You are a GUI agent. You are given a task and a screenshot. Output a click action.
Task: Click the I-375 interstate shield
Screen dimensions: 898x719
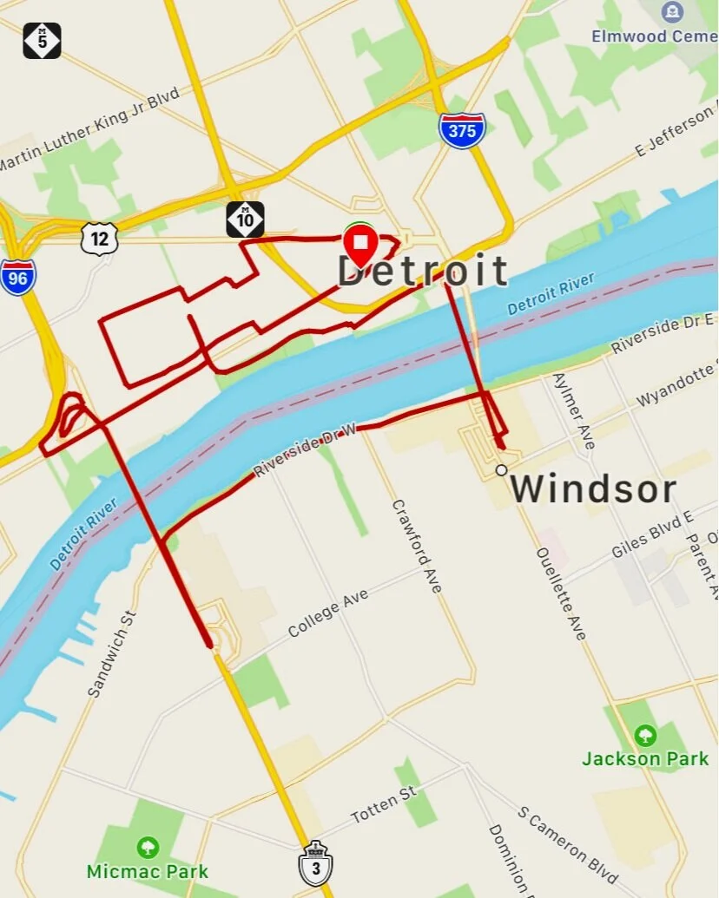pyautogui.click(x=461, y=130)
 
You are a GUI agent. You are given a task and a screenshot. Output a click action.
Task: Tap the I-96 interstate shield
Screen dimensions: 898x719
pyautogui.click(x=18, y=276)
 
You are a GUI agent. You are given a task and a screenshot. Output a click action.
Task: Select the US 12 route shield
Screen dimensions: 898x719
pyautogui.click(x=100, y=238)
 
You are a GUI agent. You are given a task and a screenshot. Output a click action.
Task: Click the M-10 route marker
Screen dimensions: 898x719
pyautogui.click(x=245, y=220)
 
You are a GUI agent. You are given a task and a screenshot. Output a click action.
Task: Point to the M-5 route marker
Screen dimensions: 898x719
pyautogui.click(x=42, y=40)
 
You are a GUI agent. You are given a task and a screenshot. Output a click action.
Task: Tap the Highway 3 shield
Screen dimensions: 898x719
pyautogui.click(x=314, y=862)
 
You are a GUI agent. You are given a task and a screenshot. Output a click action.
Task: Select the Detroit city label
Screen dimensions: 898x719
pyautogui.click(x=422, y=272)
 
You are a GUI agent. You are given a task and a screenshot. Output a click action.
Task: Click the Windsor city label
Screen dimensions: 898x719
pyautogui.click(x=592, y=489)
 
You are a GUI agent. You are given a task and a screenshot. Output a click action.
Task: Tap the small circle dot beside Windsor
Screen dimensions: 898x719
pyautogui.click(x=501, y=470)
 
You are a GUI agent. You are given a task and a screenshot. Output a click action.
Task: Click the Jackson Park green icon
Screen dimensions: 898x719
pyautogui.click(x=645, y=736)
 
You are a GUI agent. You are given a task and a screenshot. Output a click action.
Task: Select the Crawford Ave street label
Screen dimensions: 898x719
pyautogui.click(x=418, y=546)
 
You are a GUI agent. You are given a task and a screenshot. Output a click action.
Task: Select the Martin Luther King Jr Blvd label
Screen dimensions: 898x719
pyautogui.click(x=91, y=129)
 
